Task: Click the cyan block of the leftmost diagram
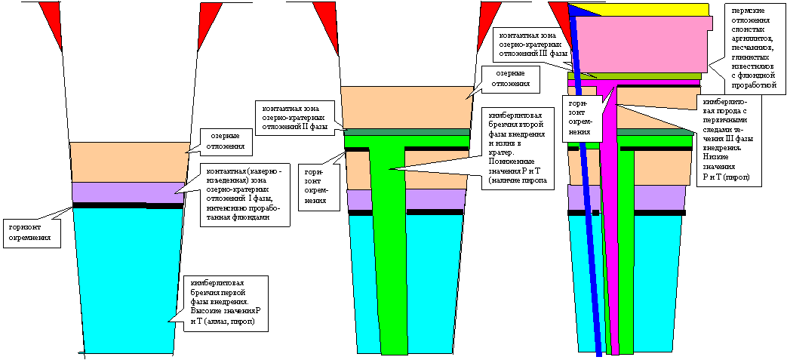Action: pyautogui.click(x=128, y=279)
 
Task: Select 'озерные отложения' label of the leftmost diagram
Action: pyautogui.click(x=227, y=140)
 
